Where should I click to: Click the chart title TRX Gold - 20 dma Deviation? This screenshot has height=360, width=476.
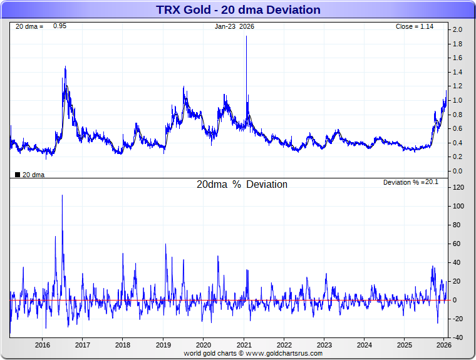(238, 10)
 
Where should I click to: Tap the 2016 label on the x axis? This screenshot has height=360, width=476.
(43, 345)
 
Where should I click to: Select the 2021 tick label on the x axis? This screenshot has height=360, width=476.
(244, 345)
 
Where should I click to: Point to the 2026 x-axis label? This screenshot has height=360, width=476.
(444, 345)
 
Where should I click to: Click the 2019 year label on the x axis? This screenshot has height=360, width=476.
(163, 345)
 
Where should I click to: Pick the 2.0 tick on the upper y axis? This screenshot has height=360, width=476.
(457, 30)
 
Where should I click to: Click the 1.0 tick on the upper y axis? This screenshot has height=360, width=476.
(457, 101)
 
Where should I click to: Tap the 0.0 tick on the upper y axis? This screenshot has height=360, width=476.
(457, 171)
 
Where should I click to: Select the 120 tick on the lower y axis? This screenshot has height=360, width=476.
(458, 188)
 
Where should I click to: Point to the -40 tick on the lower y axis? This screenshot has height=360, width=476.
(458, 337)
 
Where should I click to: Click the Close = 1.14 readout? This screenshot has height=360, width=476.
(415, 27)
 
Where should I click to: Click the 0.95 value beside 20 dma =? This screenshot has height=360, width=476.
(59, 26)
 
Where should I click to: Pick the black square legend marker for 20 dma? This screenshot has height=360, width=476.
(18, 175)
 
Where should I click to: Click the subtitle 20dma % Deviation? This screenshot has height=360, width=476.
(242, 185)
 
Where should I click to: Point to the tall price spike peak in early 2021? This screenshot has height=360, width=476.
(247, 36)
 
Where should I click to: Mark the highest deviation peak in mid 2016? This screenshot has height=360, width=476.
(62, 195)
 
